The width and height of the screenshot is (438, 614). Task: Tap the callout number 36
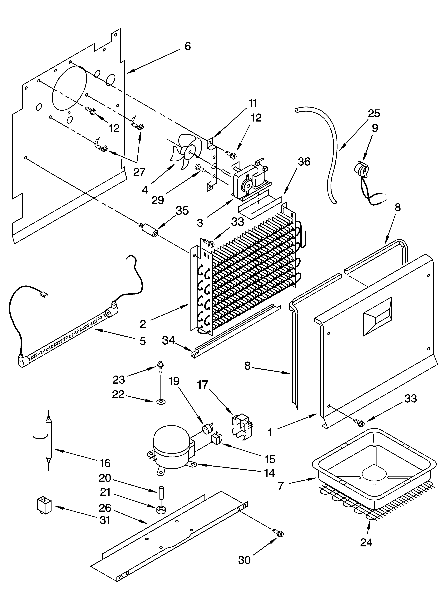[304, 162]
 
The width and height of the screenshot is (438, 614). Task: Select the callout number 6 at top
[188, 46]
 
